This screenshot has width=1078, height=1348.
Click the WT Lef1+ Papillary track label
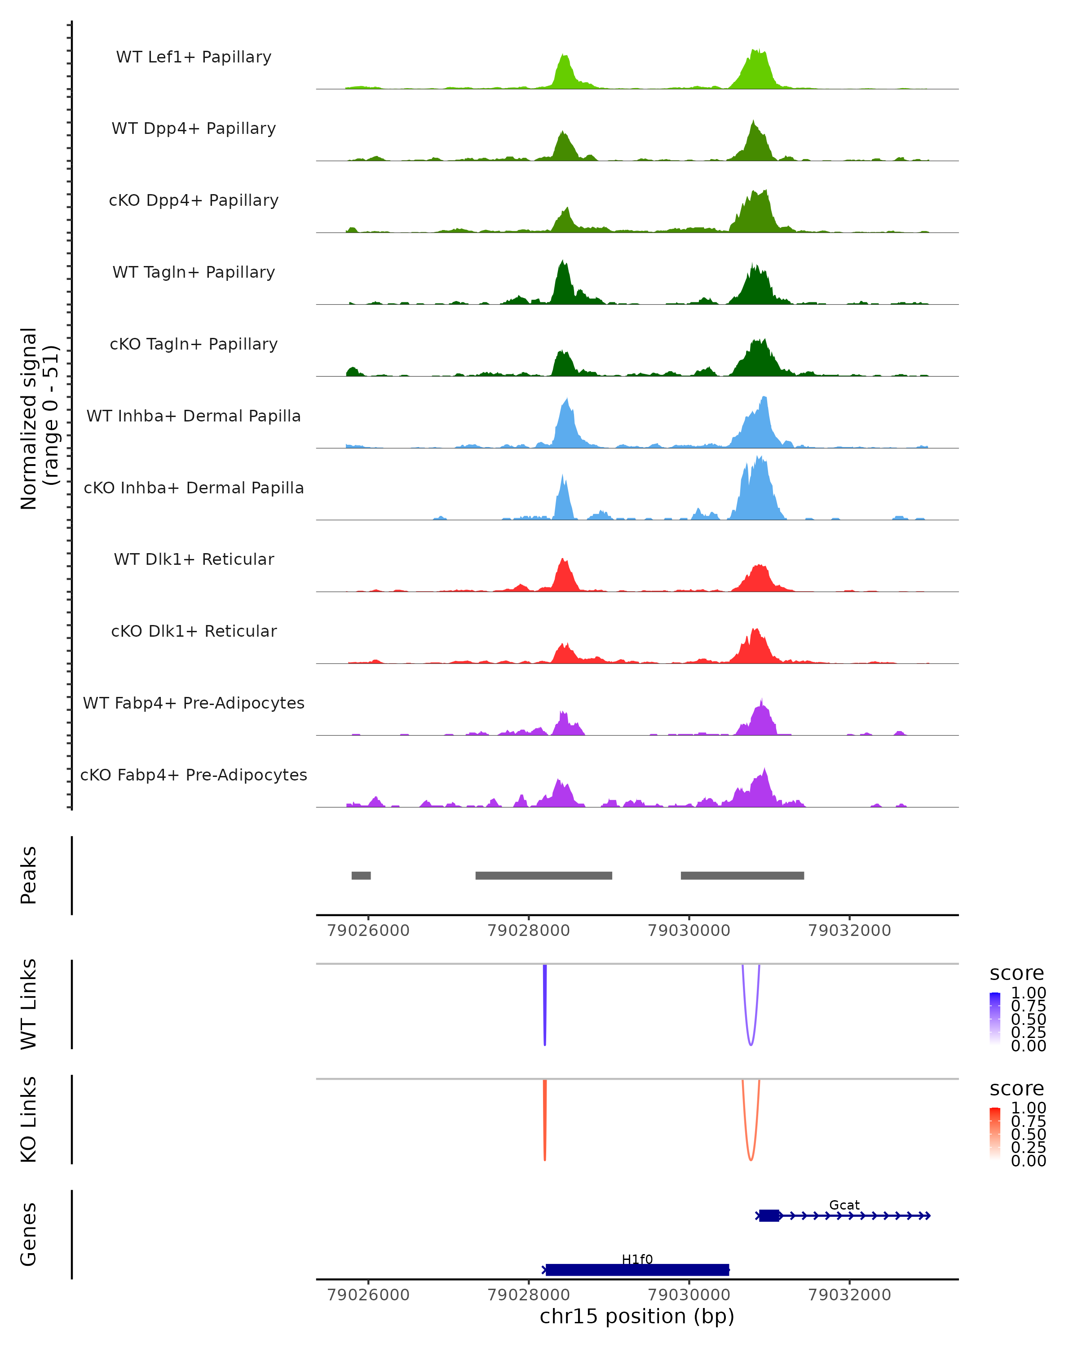coord(194,57)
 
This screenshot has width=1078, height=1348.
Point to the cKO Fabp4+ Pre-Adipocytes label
coord(194,775)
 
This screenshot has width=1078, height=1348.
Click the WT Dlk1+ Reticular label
coord(194,559)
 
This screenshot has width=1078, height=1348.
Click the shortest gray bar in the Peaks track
coord(361,875)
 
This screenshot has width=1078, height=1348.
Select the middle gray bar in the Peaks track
coord(543,875)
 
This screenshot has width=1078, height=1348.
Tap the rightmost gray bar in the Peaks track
coord(742,875)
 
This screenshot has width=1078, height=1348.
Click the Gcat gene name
coord(844,1205)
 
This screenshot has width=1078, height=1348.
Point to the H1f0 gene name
coord(637,1259)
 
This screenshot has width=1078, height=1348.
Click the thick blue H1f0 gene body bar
coord(637,1270)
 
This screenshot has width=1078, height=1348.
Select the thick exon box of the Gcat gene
coord(769,1215)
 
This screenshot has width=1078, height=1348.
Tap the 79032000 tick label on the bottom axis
coord(849,1294)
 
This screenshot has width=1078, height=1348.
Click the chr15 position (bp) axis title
coord(637,1316)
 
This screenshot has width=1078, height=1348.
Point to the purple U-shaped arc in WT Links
coord(751,1043)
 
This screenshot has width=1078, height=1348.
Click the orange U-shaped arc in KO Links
coord(751,1158)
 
